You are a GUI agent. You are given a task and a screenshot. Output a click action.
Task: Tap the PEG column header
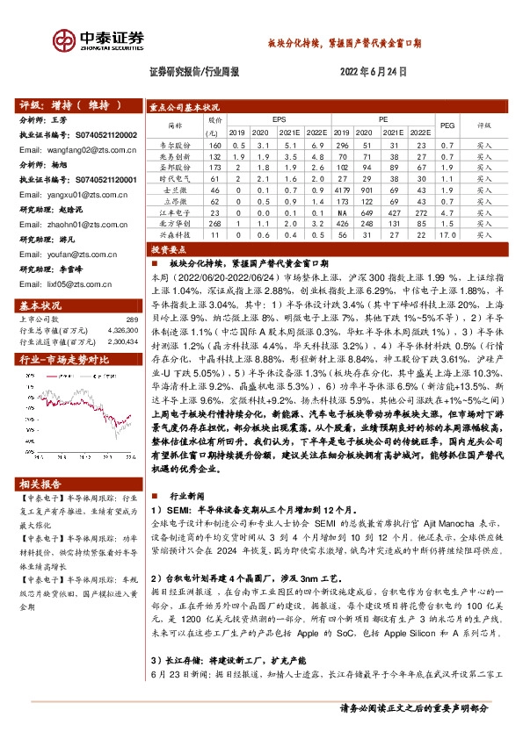click(447, 125)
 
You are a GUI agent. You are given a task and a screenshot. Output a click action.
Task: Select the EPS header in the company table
click(279, 117)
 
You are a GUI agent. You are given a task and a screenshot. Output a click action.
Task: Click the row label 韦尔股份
click(174, 143)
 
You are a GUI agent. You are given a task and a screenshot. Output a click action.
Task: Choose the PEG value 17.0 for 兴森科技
click(447, 235)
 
